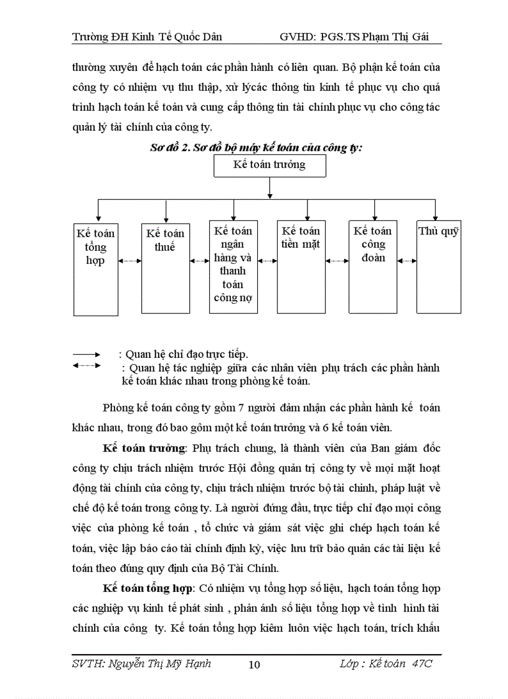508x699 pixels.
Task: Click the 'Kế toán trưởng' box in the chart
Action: (269, 165)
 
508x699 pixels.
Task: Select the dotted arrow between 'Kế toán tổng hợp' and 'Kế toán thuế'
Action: (130, 261)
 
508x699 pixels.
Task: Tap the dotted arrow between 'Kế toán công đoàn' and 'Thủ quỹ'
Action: (407, 261)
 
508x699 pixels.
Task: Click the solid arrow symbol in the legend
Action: (87, 355)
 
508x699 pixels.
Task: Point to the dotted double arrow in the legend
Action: (87, 365)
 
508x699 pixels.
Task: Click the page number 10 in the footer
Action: (254, 665)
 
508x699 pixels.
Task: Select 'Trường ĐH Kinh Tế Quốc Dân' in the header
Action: (147, 37)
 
